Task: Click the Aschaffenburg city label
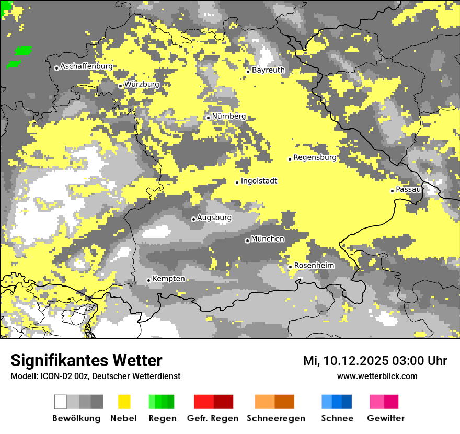[x=86, y=66]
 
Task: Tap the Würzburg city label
[x=142, y=84]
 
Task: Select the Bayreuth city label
[x=268, y=70]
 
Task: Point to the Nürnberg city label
[x=228, y=116]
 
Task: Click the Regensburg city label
[x=315, y=157]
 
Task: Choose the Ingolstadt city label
[x=259, y=181]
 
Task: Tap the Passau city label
[x=408, y=189]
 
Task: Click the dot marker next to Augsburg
[x=193, y=219]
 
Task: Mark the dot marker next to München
[x=247, y=241]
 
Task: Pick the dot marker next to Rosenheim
[x=290, y=267]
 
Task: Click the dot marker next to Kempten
[x=148, y=280]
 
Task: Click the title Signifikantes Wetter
[x=86, y=360]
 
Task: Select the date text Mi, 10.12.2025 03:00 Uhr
[x=375, y=361]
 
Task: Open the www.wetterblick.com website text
[x=377, y=376]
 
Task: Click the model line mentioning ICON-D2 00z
[x=95, y=376]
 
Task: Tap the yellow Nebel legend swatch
[x=124, y=402]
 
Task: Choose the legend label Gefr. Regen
[x=212, y=418]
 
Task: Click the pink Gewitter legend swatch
[x=384, y=402]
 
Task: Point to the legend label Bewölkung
[x=76, y=418]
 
